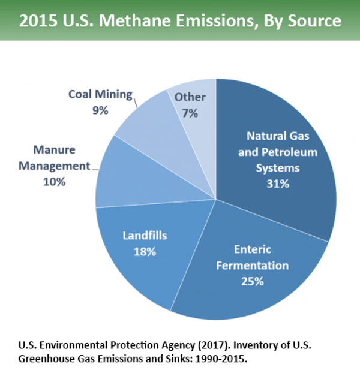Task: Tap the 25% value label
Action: [x=253, y=281]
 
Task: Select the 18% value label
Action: [x=145, y=252]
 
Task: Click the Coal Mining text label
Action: [x=100, y=95]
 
